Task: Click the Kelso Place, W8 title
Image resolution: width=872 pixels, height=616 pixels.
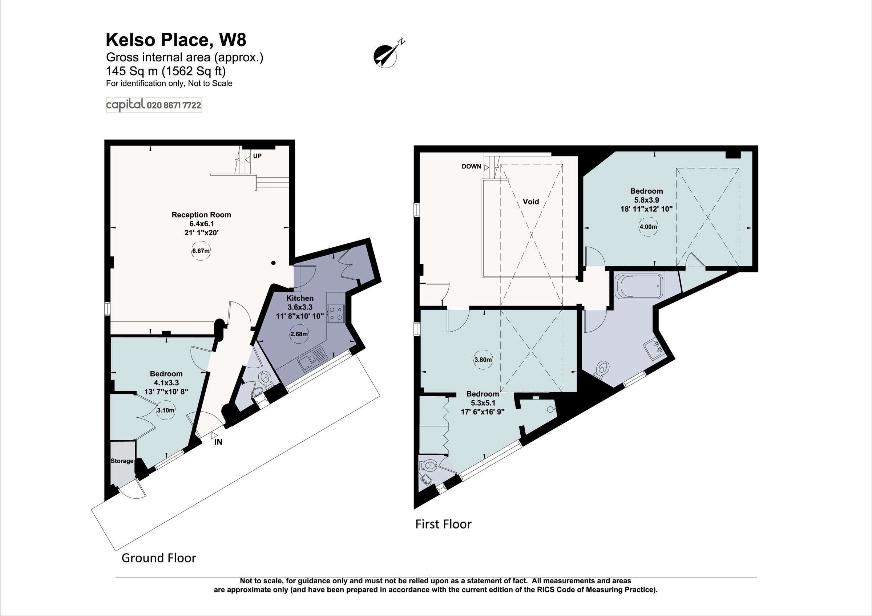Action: click(x=176, y=40)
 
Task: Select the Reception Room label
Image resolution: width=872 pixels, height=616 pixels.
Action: click(x=201, y=215)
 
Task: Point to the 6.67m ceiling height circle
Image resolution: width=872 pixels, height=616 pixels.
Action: click(x=201, y=251)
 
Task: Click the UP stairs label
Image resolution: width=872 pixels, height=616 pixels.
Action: click(x=257, y=156)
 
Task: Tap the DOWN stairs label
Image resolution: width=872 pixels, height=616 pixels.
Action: click(x=471, y=166)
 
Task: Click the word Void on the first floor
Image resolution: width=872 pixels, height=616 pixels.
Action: click(x=530, y=202)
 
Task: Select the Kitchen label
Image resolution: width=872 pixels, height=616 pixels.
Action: click(x=300, y=298)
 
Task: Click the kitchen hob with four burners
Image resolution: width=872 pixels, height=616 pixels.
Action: click(x=336, y=313)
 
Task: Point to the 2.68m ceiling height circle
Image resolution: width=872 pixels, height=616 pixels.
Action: click(x=299, y=335)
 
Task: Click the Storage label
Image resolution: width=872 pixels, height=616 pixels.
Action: click(x=122, y=461)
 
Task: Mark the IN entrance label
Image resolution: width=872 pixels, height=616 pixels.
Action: click(x=218, y=442)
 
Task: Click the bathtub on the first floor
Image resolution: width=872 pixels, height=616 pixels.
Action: click(x=639, y=286)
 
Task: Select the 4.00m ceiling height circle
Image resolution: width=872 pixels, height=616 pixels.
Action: click(x=648, y=227)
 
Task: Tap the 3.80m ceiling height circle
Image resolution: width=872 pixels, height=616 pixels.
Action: click(x=483, y=360)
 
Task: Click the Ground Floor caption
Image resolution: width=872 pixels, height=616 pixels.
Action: click(x=159, y=558)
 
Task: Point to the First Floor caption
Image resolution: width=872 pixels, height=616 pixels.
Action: click(x=443, y=524)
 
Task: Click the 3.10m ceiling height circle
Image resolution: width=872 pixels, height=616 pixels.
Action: click(x=166, y=410)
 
